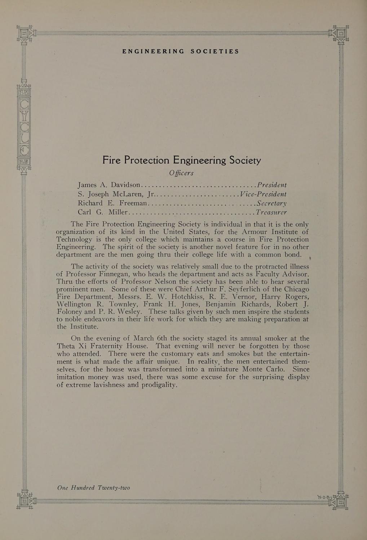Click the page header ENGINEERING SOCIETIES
coord(181,51)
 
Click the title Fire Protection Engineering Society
coord(182,160)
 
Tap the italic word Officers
coord(181,173)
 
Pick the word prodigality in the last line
coord(158,385)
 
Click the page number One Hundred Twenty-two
coord(93,488)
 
